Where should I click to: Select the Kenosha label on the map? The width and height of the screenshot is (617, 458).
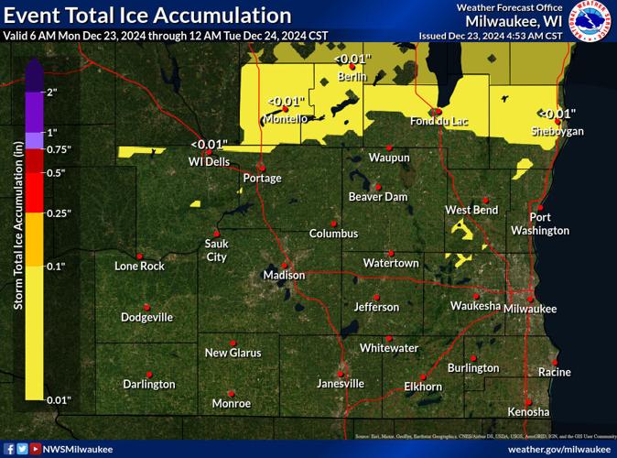528,411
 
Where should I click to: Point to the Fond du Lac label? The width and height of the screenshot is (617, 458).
439,120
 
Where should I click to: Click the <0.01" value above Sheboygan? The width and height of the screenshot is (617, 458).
557,114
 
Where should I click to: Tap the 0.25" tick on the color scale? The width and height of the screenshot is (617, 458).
58,213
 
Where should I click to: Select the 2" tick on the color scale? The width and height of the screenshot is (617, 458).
51,93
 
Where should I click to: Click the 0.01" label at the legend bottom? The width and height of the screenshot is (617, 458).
58,399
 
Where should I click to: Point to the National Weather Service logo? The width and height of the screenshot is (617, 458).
591,22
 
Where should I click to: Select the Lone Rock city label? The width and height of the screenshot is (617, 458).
139,267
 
